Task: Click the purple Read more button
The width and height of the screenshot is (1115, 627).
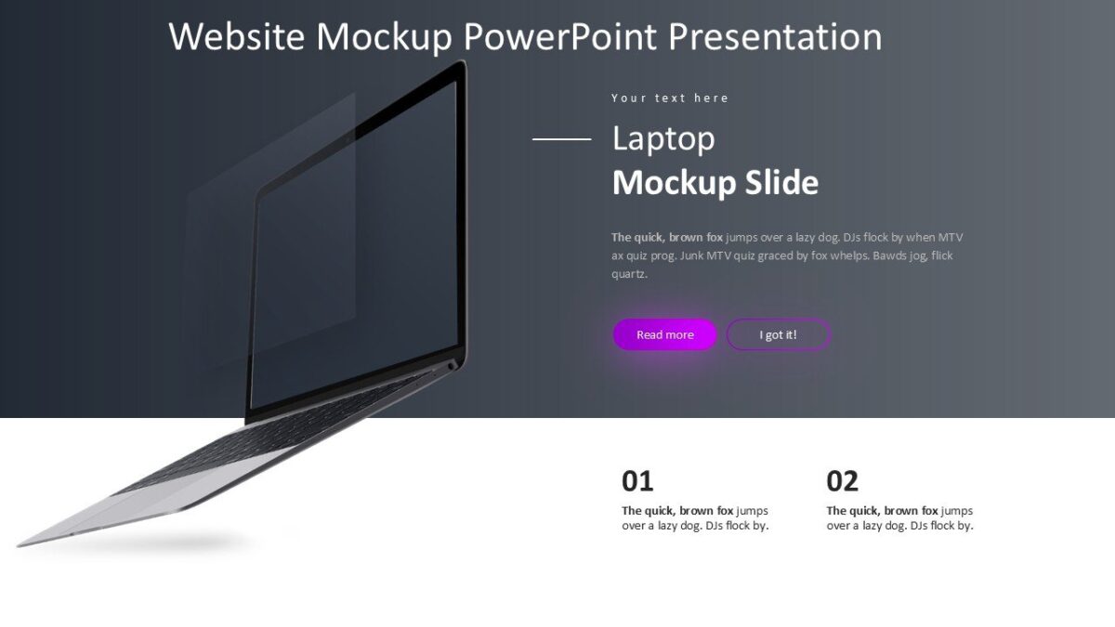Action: click(x=664, y=335)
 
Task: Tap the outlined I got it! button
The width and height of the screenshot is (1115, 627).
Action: click(x=778, y=335)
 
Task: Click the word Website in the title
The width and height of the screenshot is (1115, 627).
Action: click(x=238, y=37)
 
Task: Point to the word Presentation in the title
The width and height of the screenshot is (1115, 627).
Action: click(x=775, y=37)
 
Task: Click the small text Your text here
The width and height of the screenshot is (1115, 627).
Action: click(x=670, y=98)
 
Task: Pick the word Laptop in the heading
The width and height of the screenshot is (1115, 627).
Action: click(x=663, y=139)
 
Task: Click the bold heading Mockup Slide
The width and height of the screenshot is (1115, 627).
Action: click(x=715, y=183)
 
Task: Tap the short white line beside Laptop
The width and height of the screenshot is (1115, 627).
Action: click(x=561, y=139)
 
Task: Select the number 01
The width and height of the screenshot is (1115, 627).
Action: click(x=637, y=481)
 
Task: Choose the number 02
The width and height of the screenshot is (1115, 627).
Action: click(x=842, y=481)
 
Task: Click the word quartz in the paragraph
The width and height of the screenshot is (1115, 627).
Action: click(x=629, y=275)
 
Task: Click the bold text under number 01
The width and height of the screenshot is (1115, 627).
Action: click(x=677, y=511)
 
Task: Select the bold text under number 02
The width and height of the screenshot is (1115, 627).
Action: click(x=882, y=511)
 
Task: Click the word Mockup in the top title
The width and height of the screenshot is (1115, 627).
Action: click(x=384, y=37)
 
